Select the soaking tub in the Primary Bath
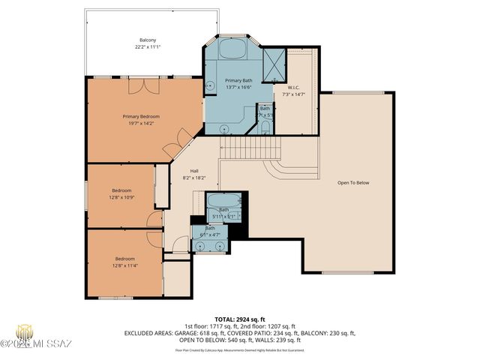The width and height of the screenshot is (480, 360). click(x=230, y=49)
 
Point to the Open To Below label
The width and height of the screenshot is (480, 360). click(x=353, y=182)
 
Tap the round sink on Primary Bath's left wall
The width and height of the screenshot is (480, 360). click(x=210, y=85)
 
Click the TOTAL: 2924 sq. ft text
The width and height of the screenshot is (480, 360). click(x=239, y=319)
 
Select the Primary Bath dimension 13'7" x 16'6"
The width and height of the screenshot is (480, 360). click(x=238, y=87)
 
